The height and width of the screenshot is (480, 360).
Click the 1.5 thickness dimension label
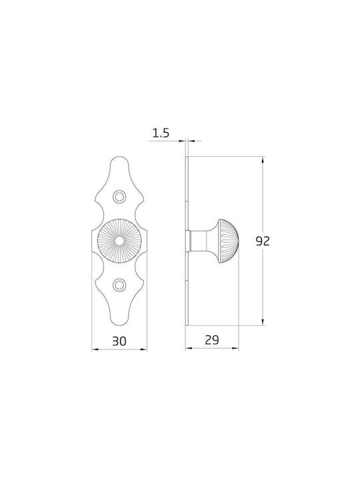(x=161, y=133)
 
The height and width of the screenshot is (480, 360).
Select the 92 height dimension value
(x=263, y=241)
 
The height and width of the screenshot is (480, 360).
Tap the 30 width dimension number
(x=119, y=341)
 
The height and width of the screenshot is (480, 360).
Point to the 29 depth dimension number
(x=212, y=340)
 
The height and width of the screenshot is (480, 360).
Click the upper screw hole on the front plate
(x=119, y=197)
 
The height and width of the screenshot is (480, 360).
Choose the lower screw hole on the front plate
(x=119, y=285)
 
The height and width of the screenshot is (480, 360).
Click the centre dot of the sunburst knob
(x=119, y=241)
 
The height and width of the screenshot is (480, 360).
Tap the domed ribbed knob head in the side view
(x=228, y=241)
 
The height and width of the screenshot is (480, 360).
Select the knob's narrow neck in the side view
(x=199, y=241)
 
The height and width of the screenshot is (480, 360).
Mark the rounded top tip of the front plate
(x=119, y=157)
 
